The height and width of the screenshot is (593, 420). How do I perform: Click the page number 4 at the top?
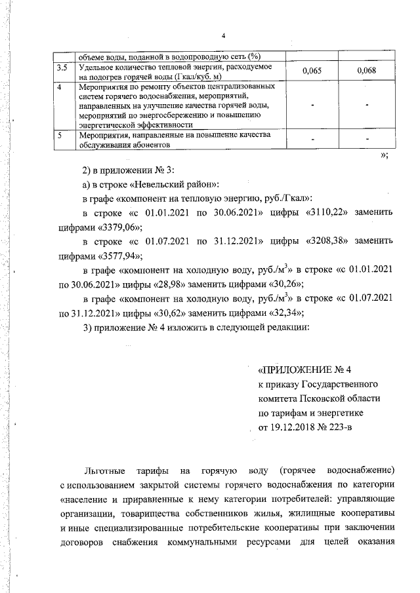tap(223, 35)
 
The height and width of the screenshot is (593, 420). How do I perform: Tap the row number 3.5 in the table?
tap(62, 67)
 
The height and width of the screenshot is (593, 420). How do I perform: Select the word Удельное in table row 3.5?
tap(96, 67)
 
